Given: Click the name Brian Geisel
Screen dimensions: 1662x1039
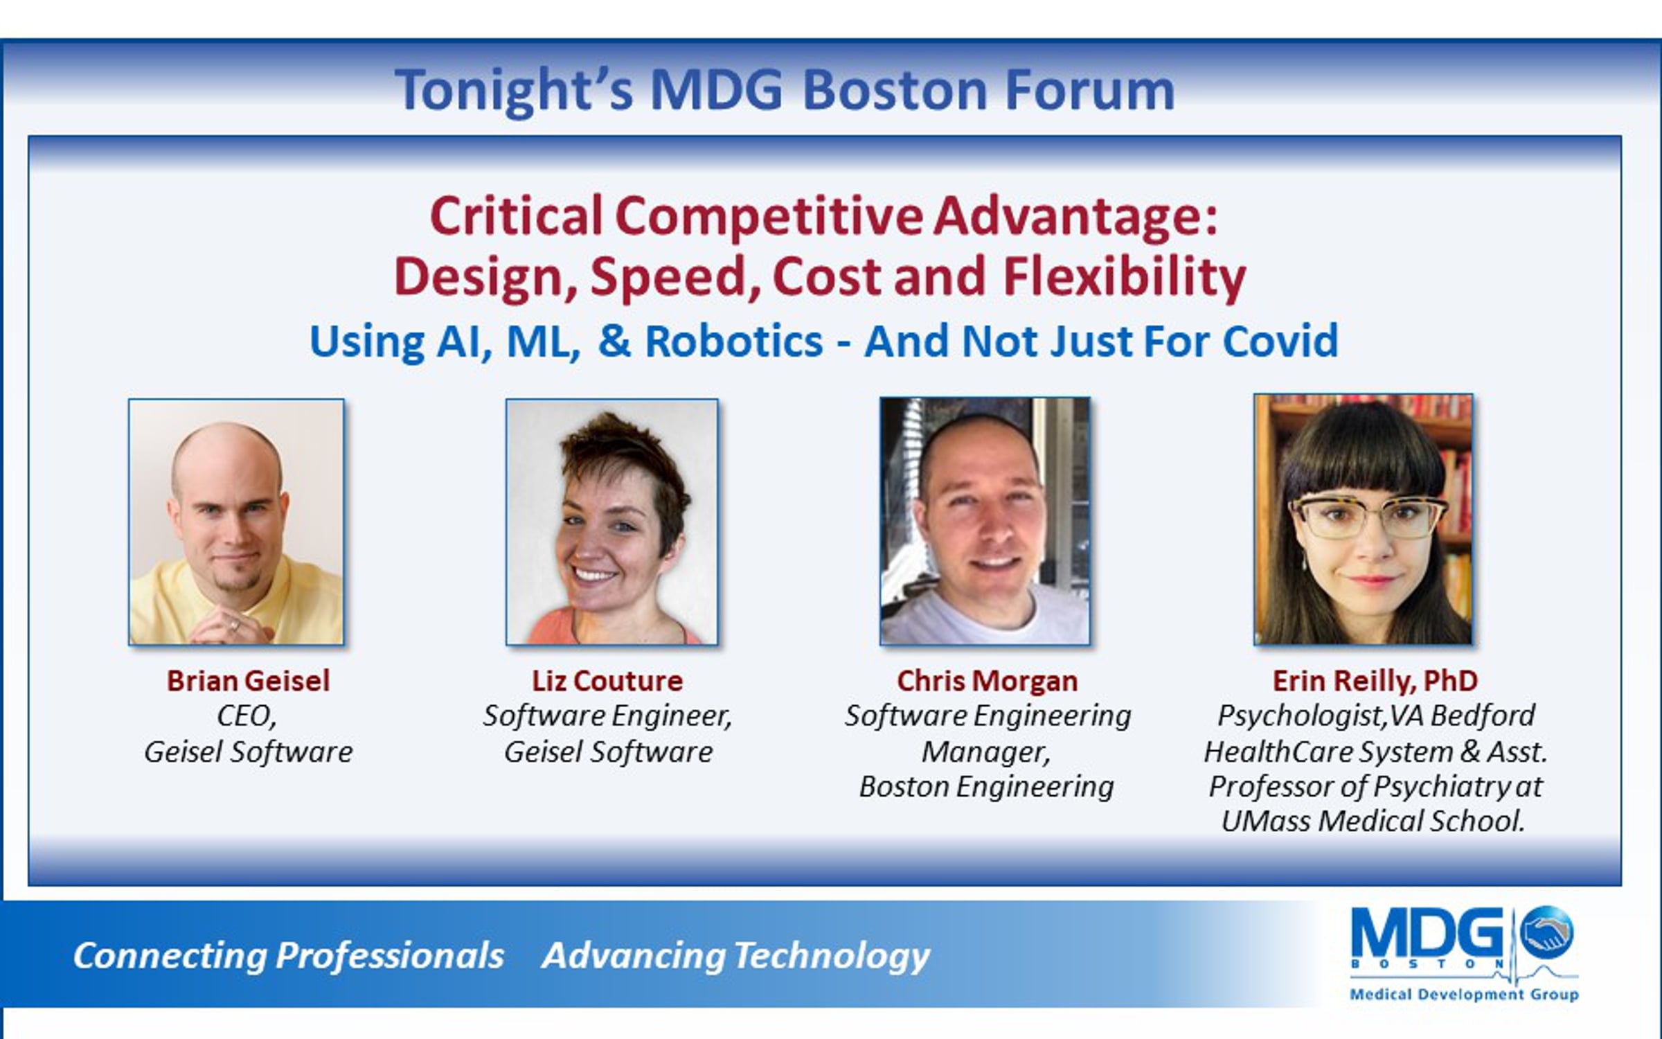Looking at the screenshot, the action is (248, 681).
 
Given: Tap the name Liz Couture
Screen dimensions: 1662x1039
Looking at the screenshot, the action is (607, 681).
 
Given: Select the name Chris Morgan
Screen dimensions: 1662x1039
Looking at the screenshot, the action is (988, 682).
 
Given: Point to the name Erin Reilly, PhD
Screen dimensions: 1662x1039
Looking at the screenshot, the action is (1375, 682).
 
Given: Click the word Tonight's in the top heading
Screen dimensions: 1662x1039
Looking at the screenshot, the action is (514, 90).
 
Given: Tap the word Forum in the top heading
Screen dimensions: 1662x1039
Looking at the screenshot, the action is (1090, 90).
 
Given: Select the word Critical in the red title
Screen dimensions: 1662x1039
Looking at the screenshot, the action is (517, 215).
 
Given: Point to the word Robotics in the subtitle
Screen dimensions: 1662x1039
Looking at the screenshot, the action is (734, 341).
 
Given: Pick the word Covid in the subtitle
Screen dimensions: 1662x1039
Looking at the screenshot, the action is (1280, 341).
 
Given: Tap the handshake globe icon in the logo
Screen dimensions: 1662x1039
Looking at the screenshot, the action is (1546, 932).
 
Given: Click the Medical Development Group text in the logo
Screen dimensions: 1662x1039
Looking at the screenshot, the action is (1464, 995).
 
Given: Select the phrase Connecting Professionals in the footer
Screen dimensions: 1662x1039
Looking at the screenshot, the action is (289, 956).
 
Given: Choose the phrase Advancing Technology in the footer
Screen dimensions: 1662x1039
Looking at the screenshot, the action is (735, 957).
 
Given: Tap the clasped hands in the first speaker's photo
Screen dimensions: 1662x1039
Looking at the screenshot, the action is (233, 628).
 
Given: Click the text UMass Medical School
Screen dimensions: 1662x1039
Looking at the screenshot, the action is (1374, 821).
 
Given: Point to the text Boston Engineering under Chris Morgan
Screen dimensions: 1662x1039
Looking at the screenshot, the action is (987, 787).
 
